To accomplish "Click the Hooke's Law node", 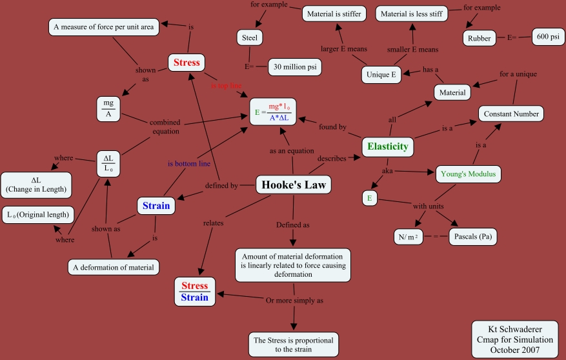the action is pos(294,185).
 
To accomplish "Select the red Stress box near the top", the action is pos(187,63).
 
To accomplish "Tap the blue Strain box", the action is pos(156,206).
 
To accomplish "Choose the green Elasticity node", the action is pos(387,146).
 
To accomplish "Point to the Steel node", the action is pos(250,38).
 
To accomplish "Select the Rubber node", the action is pos(480,38).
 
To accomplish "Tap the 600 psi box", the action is pos(549,37).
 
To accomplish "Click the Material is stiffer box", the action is pos(334,13).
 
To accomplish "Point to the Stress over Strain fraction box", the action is pos(194,292).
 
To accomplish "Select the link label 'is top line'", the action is pos(227,86).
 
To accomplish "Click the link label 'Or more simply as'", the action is pos(294,301).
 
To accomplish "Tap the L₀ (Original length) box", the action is pos(39,215).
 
